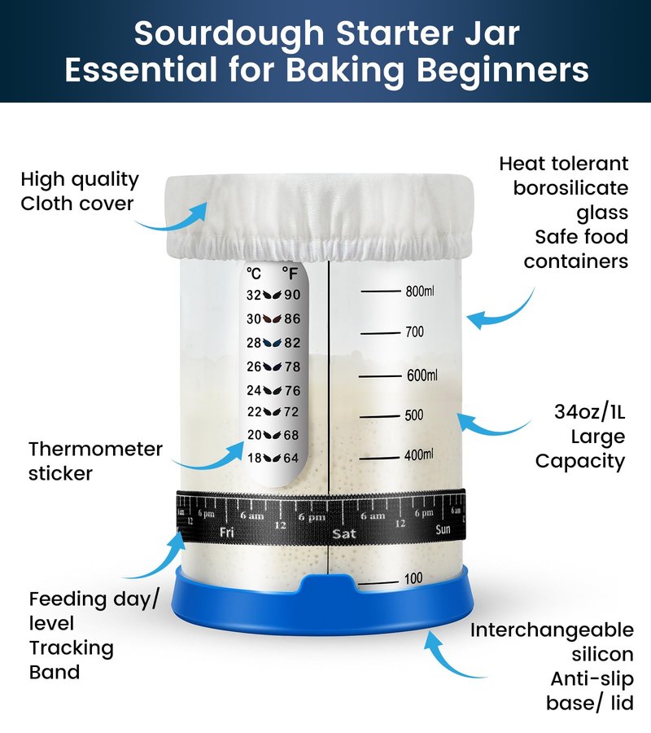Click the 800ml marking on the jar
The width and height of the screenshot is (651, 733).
pyautogui.click(x=419, y=292)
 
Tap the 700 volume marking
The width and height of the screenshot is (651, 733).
pyautogui.click(x=414, y=332)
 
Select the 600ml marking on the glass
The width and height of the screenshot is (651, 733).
pyautogui.click(x=422, y=375)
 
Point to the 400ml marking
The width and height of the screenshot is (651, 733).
pyautogui.click(x=418, y=454)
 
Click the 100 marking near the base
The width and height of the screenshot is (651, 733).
pyautogui.click(x=413, y=579)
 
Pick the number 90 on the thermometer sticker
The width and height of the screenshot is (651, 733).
pyautogui.click(x=292, y=295)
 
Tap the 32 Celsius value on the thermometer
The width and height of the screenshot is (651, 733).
pyautogui.click(x=254, y=295)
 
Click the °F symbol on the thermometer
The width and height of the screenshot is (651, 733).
pyautogui.click(x=290, y=273)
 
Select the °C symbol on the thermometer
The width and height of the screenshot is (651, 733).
pyautogui.click(x=254, y=273)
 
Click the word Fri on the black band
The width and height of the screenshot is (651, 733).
pyautogui.click(x=226, y=532)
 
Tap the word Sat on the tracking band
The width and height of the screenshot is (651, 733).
pyautogui.click(x=343, y=533)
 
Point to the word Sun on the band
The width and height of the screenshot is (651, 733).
pyautogui.click(x=443, y=529)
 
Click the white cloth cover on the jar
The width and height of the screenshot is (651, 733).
pyautogui.click(x=321, y=215)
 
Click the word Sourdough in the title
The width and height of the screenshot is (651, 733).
pyautogui.click(x=229, y=33)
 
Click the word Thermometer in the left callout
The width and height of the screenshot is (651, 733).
pyautogui.click(x=96, y=449)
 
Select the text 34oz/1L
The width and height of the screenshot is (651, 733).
pyautogui.click(x=590, y=412)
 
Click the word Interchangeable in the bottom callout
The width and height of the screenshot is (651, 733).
pyautogui.click(x=552, y=630)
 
